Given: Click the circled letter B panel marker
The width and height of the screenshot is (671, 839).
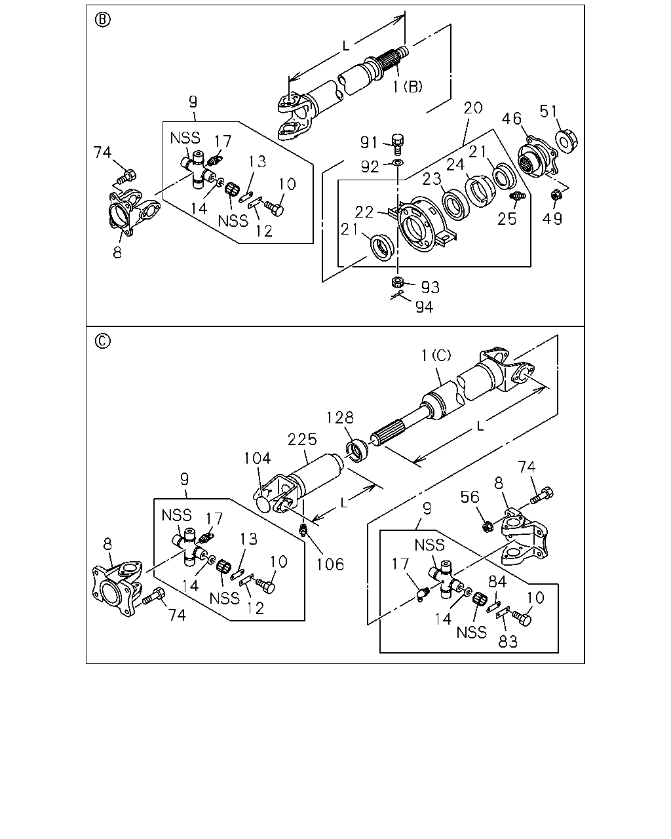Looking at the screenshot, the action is coord(102,20).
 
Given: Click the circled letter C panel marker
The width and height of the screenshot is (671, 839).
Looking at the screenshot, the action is coord(102,341).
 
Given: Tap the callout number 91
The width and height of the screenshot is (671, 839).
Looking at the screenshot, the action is coord(368,143).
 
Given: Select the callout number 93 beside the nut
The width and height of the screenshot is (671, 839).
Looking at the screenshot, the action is coord(431,288).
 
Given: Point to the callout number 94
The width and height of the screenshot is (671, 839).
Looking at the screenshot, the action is coord(424,307).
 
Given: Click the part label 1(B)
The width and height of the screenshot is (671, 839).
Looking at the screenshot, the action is coord(408,86).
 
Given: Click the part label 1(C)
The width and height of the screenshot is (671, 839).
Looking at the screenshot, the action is coord(436,355).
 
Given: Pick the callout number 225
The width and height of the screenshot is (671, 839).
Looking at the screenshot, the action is coord(302,439).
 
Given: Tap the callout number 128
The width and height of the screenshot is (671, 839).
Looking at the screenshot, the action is coord(340,418).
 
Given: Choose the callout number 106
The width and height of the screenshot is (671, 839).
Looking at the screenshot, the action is coord(330,564).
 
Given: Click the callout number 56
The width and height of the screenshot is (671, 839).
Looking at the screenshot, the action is coord(470,497).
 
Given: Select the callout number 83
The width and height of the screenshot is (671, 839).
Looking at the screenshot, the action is coord(508,641).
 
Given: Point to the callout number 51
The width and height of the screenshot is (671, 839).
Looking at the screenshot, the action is coord(549,111).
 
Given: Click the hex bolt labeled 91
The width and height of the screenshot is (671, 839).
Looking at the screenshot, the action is coord(397,145).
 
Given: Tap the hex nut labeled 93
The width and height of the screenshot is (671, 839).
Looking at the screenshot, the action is coord(397,281).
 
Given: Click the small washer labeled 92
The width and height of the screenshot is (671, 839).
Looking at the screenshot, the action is coord(398,162).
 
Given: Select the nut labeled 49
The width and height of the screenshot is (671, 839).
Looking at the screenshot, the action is coord(555,194).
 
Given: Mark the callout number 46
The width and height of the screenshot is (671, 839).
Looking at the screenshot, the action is coord(512,119).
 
